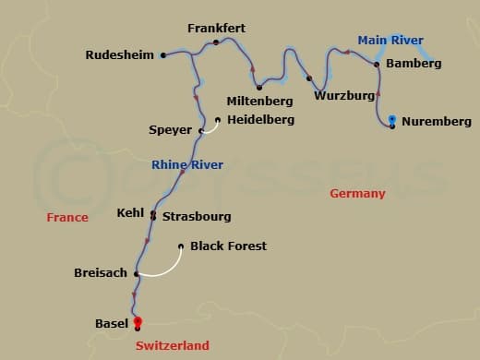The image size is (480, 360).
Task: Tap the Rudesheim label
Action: (x=120, y=55)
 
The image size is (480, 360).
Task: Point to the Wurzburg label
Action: (x=343, y=95)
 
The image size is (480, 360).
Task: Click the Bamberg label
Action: (x=414, y=64)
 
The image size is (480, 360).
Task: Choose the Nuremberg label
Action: (x=437, y=122)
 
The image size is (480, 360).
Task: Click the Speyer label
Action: (x=170, y=130)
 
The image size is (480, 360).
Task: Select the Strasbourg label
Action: (x=197, y=217)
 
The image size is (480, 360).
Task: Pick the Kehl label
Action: (x=130, y=213)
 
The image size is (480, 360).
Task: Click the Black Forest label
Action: (x=228, y=246)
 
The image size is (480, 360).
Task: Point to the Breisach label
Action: (x=100, y=273)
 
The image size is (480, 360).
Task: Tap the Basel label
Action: (x=112, y=324)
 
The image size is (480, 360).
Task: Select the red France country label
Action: (x=68, y=218)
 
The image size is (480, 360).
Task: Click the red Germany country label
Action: (x=357, y=194)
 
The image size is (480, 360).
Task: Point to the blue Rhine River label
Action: (x=187, y=165)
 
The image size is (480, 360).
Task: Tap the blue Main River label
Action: (x=390, y=40)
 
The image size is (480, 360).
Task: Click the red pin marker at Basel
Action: (x=138, y=319)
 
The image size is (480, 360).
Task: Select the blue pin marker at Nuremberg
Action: (x=393, y=119)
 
